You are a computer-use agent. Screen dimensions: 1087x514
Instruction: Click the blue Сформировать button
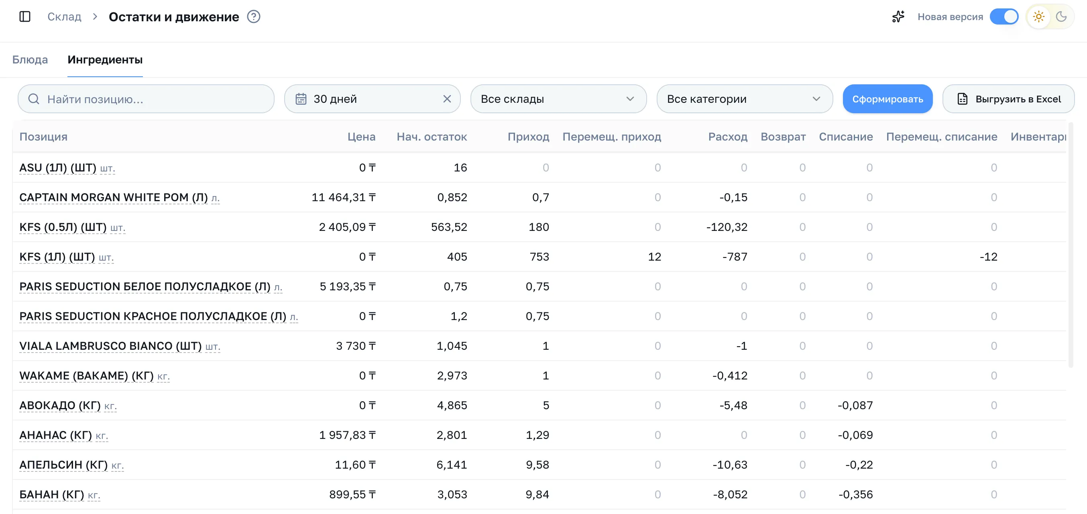pyautogui.click(x=888, y=99)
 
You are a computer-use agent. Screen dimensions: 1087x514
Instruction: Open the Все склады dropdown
pyautogui.click(x=558, y=99)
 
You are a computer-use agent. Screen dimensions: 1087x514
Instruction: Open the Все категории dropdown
pyautogui.click(x=744, y=99)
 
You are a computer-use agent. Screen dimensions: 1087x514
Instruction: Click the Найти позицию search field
pyautogui.click(x=146, y=99)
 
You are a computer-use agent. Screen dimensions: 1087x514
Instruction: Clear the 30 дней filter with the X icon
pyautogui.click(x=447, y=99)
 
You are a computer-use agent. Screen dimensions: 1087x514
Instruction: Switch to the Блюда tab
pyautogui.click(x=30, y=59)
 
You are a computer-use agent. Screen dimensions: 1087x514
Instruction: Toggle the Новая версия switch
pyautogui.click(x=1004, y=17)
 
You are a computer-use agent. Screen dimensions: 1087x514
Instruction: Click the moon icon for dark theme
pyautogui.click(x=1061, y=17)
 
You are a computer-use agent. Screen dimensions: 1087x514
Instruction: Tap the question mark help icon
pyautogui.click(x=254, y=17)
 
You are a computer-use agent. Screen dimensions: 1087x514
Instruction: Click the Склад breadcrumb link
pyautogui.click(x=64, y=17)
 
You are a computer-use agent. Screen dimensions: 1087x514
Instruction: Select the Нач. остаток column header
pyautogui.click(x=432, y=137)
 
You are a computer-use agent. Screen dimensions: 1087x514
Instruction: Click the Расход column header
pyautogui.click(x=727, y=137)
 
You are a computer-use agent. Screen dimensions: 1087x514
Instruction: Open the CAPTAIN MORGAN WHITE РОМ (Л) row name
pyautogui.click(x=114, y=198)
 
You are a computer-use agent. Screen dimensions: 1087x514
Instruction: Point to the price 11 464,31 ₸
pyautogui.click(x=344, y=198)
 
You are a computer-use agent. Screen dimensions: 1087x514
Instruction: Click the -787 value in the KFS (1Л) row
pyautogui.click(x=735, y=257)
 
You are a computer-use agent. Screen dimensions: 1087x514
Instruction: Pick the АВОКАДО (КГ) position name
pyautogui.click(x=60, y=405)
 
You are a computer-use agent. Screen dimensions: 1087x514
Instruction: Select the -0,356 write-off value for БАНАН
pyautogui.click(x=855, y=494)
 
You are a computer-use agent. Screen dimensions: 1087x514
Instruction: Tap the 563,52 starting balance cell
pyautogui.click(x=449, y=227)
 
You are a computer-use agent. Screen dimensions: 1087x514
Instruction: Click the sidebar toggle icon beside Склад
pyautogui.click(x=25, y=17)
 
